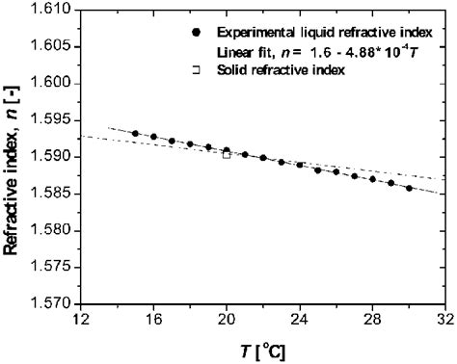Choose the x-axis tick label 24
click(300, 322)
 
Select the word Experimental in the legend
click(254, 33)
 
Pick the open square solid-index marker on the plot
click(227, 154)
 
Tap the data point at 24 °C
click(300, 166)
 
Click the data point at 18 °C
click(190, 143)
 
